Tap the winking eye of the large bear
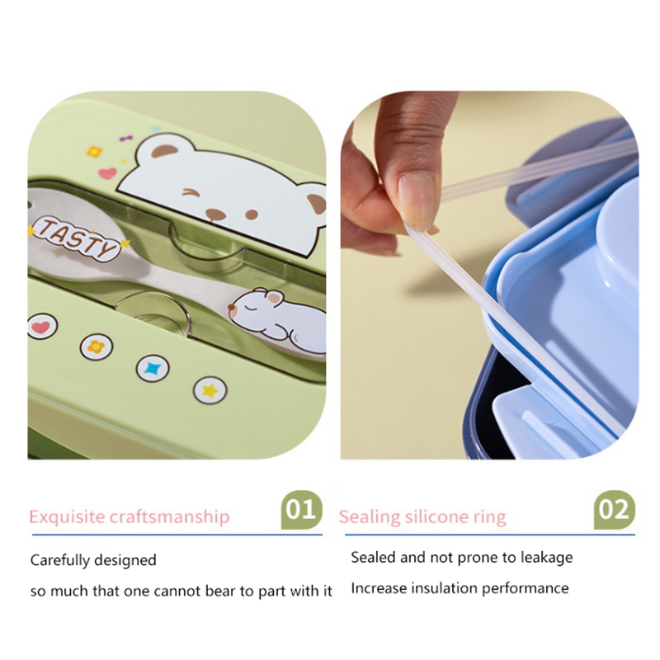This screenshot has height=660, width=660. pos(191,193)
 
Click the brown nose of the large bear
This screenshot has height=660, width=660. pos(215,214)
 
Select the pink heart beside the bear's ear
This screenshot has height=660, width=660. pos(107,173)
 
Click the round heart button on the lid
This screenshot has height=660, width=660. pos(42,327)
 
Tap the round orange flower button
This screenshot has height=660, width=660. pos(97,346)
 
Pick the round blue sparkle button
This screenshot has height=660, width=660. pos(153,369)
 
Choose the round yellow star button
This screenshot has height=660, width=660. pos(210,390)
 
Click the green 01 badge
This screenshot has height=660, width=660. pos(301,510)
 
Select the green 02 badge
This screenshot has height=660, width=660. pos(614,510)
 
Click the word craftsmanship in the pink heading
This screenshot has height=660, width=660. pos(170,517)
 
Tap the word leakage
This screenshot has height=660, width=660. pos(546,558)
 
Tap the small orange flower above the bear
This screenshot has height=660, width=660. pos(94,152)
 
